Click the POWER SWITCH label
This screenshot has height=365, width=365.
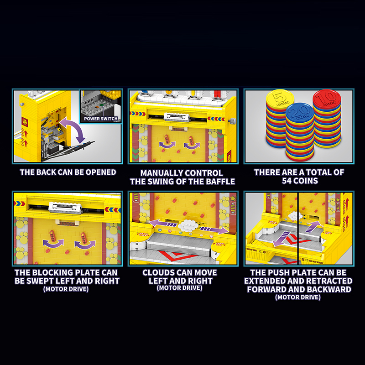[x=101, y=119]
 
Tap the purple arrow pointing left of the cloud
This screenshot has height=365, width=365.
[x=162, y=223]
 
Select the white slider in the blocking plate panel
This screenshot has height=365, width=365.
[x=67, y=207]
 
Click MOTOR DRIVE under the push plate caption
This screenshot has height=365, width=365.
[x=298, y=297]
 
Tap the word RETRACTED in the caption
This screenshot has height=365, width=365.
[x=327, y=281]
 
